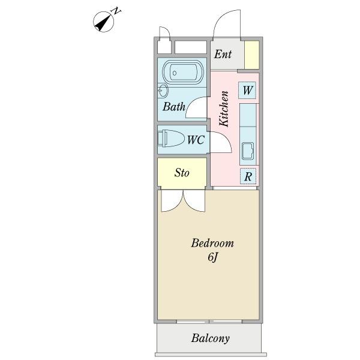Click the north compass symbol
(x=106, y=20)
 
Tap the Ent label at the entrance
(x=223, y=55)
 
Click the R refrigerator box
(x=248, y=176)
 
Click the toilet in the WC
(x=171, y=139)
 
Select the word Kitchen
(x=224, y=109)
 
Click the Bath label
(x=174, y=108)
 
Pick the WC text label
(x=196, y=140)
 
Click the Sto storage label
(x=182, y=173)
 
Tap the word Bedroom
(x=212, y=244)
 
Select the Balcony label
(x=211, y=338)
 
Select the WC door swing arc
(x=220, y=142)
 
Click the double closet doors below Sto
(x=182, y=200)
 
